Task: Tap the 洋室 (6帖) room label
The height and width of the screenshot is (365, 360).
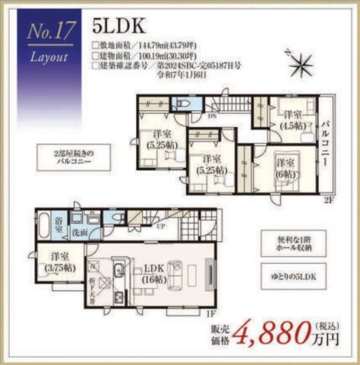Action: click(285, 167)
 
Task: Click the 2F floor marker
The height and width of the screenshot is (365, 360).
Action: click(328, 199)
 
